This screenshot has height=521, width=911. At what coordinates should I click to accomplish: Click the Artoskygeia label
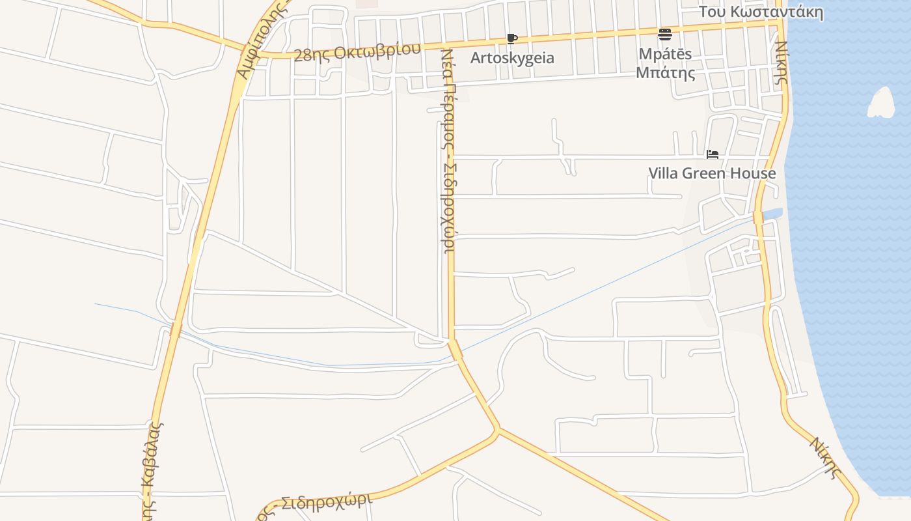point(513,58)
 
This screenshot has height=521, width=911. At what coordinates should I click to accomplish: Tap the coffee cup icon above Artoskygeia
point(512,38)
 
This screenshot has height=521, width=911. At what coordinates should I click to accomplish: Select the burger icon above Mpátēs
point(664,34)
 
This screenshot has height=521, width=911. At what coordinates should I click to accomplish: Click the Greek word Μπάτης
point(665,72)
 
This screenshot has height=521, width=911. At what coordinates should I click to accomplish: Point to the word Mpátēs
point(664,53)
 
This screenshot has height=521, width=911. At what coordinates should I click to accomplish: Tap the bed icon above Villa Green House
point(713,154)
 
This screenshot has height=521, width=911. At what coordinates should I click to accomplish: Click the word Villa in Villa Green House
point(663,173)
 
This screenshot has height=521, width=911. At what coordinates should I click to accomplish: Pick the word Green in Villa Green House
point(705,173)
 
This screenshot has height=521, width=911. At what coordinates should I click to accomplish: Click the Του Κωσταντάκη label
point(761,12)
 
